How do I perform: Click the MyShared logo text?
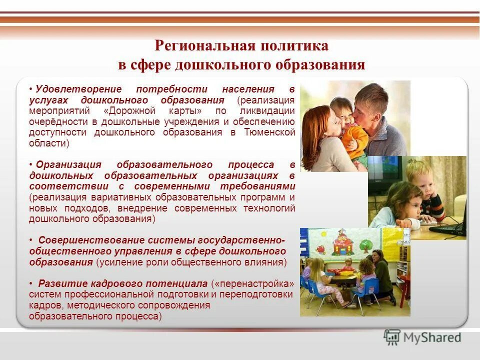coord(430,337)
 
